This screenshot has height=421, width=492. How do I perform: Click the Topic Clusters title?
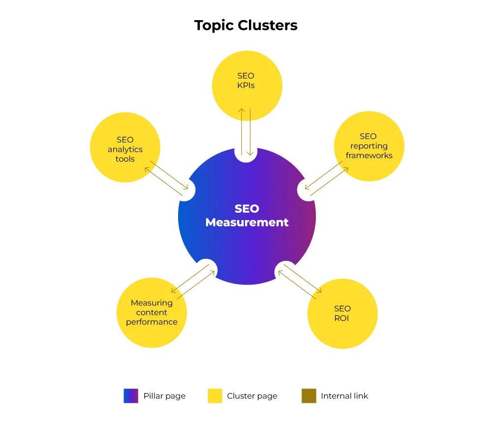(246, 25)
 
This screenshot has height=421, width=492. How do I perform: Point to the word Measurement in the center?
(247, 222)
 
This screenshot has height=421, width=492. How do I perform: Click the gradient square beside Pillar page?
(131, 396)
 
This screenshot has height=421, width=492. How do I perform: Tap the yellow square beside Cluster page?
(215, 396)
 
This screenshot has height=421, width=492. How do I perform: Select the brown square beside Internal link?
(309, 396)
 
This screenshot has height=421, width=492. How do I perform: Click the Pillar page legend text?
(164, 396)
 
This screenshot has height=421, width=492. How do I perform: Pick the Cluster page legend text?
(252, 396)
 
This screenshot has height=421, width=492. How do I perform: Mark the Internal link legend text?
(344, 396)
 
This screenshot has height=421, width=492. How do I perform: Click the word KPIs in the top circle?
(246, 85)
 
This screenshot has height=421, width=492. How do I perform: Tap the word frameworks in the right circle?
(369, 155)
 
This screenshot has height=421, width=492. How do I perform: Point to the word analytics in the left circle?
(125, 149)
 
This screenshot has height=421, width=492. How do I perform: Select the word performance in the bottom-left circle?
(152, 322)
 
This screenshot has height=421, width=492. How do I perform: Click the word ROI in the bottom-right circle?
(342, 318)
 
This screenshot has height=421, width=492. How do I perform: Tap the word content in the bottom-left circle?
(152, 312)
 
